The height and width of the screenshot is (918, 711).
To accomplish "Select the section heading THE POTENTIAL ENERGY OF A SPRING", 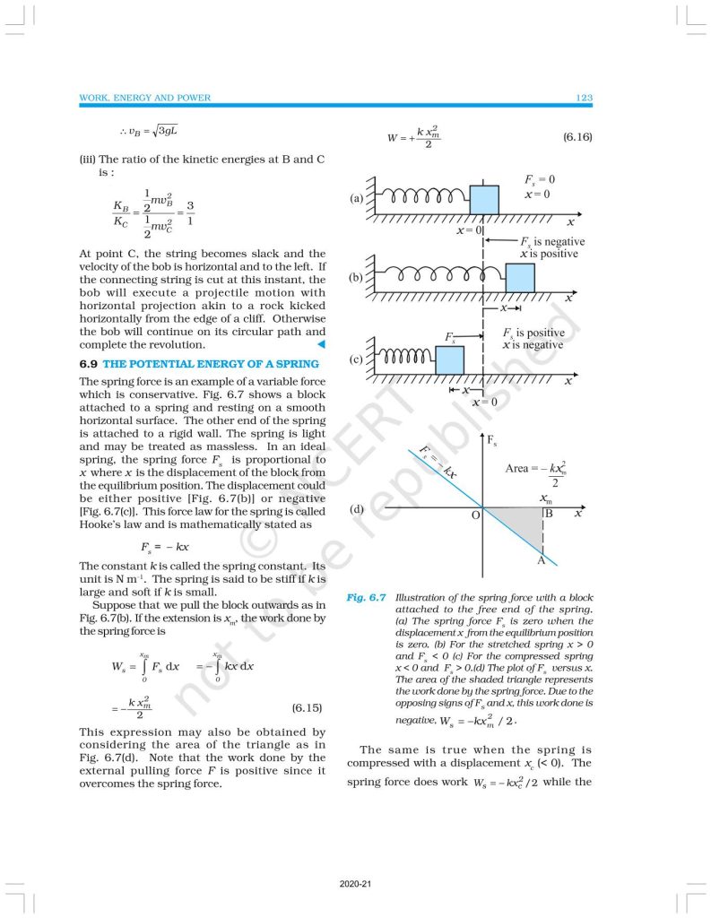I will (x=211, y=363).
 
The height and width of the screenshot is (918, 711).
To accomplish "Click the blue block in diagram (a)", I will (x=484, y=199).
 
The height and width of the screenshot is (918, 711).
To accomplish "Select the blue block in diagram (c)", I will (x=450, y=359).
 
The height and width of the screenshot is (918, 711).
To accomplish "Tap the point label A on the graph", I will (x=541, y=560).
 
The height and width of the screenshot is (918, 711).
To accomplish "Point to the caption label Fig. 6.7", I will (x=366, y=598).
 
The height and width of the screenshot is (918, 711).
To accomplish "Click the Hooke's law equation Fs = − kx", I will (x=164, y=546).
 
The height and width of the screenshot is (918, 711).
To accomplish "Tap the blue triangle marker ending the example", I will (x=320, y=344).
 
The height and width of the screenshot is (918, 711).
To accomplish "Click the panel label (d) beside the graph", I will (x=356, y=509).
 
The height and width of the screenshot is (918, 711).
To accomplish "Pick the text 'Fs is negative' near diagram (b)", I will (x=552, y=242).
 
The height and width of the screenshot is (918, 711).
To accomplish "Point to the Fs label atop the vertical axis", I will (x=491, y=440).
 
